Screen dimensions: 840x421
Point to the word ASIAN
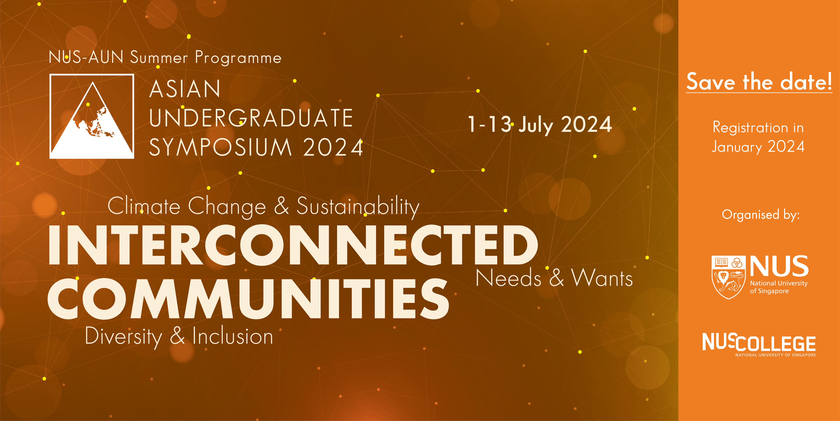tap(185, 89)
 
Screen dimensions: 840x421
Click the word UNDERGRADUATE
tap(251, 118)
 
